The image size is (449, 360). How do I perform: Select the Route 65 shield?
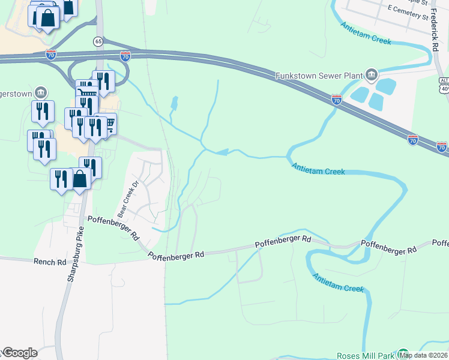[98, 41]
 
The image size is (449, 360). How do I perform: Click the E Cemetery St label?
[408, 13]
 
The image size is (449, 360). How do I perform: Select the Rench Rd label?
[50, 262]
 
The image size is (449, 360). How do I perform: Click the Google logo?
[20, 353]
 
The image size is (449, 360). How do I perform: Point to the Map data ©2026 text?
[424, 355]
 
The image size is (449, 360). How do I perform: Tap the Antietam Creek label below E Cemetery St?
[366, 34]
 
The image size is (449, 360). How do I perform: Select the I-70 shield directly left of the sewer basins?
[337, 99]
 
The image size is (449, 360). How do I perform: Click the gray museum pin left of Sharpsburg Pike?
[40, 92]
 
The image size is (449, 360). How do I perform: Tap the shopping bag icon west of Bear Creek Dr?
[80, 178]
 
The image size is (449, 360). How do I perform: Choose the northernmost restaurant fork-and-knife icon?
[103, 80]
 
